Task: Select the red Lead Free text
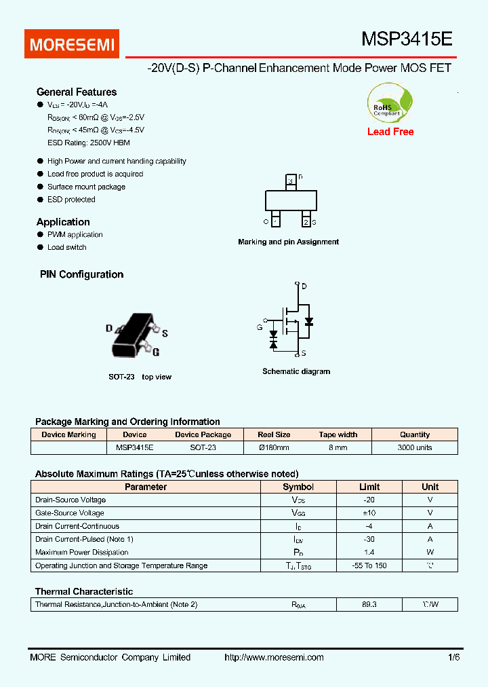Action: (x=390, y=132)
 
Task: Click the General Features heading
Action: (x=77, y=92)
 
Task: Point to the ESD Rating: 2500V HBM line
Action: (x=88, y=143)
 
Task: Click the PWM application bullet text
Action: (x=75, y=235)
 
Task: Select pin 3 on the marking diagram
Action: (x=291, y=181)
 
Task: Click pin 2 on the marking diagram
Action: (x=306, y=222)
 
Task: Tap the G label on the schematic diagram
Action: (x=260, y=328)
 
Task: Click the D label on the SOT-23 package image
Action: (x=109, y=328)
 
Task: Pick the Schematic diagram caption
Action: (x=296, y=372)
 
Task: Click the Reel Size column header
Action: (x=274, y=434)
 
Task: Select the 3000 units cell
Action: (x=415, y=448)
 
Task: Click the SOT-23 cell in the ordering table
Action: (x=203, y=448)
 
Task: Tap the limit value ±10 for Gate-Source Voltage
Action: (x=369, y=513)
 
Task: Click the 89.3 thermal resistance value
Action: (x=369, y=604)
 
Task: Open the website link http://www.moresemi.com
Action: (x=274, y=657)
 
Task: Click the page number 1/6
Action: (x=453, y=657)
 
